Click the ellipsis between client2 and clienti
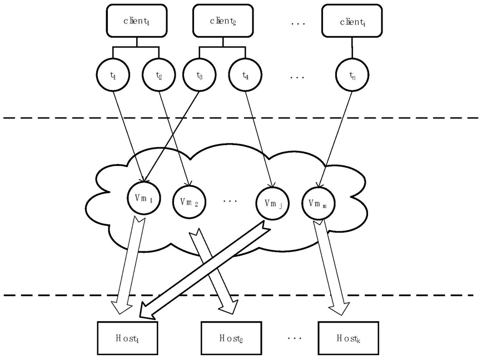tap(298, 23)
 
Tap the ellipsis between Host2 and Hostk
tap(295, 338)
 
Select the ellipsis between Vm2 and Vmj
tap(230, 201)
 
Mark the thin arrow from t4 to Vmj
tap(259, 139)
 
